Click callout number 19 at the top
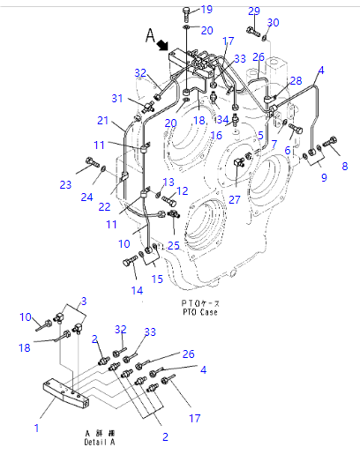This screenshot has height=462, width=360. tap(206, 9)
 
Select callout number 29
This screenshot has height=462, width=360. tap(254, 11)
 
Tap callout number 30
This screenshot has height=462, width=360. tap(273, 22)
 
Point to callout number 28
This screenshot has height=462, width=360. tap(296, 81)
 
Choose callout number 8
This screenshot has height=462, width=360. tap(344, 165)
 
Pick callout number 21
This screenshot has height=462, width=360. tap(103, 121)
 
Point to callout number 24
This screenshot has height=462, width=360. tap(87, 197)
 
